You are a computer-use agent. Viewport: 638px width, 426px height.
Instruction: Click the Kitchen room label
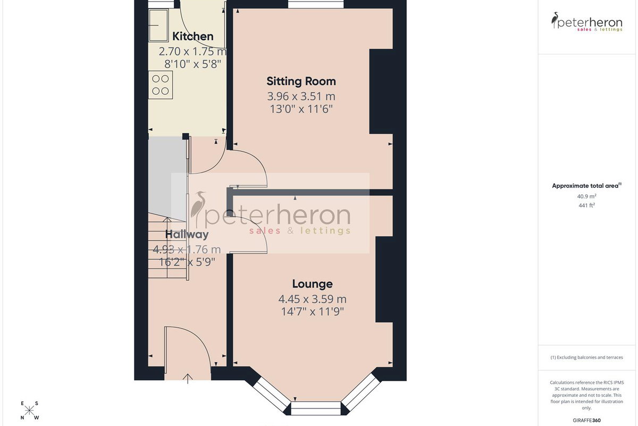[193, 37]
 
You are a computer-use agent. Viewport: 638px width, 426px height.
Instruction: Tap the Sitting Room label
[301, 81]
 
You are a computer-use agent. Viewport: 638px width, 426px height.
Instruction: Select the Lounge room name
[313, 284]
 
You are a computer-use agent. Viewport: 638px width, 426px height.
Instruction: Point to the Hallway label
[187, 234]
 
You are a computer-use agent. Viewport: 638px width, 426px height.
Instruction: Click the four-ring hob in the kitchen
[161, 85]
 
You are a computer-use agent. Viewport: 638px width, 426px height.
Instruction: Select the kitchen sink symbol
[158, 26]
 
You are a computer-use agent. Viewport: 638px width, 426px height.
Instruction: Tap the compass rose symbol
[29, 411]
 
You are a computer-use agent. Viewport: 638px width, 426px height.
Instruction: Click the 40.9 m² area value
[587, 196]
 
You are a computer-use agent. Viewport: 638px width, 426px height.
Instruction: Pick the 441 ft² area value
[587, 205]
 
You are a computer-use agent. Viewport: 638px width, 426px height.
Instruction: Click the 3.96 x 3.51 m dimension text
[301, 96]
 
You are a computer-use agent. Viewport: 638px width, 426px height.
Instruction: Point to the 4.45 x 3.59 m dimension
[313, 299]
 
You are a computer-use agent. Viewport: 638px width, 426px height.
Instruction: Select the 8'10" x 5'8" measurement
[193, 64]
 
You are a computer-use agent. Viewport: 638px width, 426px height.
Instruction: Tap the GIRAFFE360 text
[587, 420]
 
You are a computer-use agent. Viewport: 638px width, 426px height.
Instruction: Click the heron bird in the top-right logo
[555, 20]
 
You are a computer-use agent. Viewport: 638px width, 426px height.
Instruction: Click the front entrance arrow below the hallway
[187, 379]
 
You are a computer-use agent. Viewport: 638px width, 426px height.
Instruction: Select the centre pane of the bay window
[316, 408]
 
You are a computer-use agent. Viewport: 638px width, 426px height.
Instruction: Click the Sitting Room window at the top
[316, 4]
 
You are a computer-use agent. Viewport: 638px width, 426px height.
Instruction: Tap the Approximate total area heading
[587, 186]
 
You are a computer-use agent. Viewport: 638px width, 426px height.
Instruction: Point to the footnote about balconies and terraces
[587, 357]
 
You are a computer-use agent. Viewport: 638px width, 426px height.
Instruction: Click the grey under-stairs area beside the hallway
[167, 177]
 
